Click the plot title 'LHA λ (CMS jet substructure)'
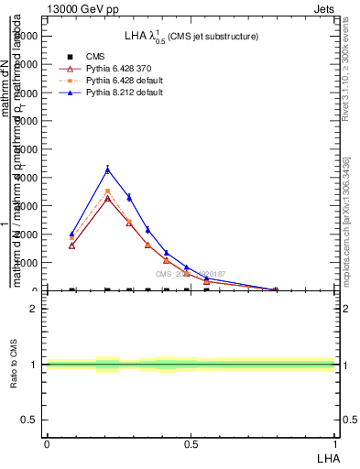pos(191,36)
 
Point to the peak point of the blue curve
pos(108,169)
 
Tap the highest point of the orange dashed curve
pos(108,191)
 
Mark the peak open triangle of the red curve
pos(108,198)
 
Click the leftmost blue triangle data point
pos(72,234)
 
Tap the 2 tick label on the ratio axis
pos(34,309)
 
